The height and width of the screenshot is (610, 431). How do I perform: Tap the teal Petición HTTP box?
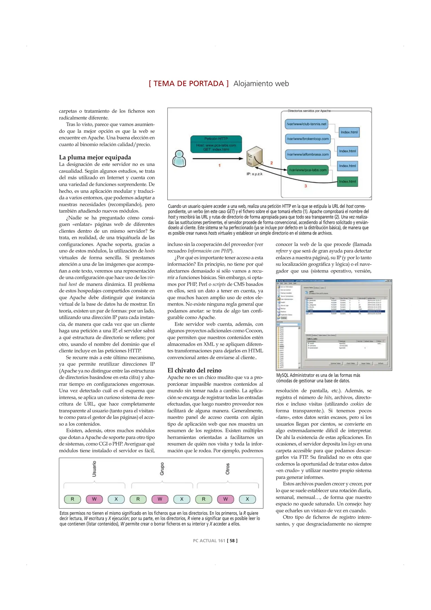coord(216,144)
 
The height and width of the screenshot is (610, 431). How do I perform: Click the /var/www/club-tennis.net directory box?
coord(306,124)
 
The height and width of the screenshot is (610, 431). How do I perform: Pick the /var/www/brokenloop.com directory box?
coord(308,139)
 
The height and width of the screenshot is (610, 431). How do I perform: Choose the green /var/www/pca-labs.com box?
coord(308,170)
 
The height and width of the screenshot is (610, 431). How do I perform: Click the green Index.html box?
coord(347,182)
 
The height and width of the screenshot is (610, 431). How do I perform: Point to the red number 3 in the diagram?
coord(305,186)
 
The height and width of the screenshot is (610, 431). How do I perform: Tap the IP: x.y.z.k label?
coord(254,174)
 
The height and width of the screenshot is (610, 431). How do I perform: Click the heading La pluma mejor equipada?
coord(95,157)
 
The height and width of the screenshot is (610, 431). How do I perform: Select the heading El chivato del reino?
coord(194,370)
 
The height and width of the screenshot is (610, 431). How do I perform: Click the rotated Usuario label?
coord(94,469)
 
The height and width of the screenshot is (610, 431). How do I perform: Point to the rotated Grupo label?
coord(162,469)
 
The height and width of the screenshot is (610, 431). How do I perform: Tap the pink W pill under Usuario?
coord(94,499)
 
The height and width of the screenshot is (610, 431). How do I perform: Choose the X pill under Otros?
coord(247,499)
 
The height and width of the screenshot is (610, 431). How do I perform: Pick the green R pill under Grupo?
coord(138,499)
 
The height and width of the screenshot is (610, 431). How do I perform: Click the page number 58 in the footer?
coord(232,541)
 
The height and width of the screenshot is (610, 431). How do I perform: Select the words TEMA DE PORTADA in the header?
coord(189,84)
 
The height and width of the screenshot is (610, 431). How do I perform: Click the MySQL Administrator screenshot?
coord(334,325)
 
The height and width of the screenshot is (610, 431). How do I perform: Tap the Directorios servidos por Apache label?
coord(309,111)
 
